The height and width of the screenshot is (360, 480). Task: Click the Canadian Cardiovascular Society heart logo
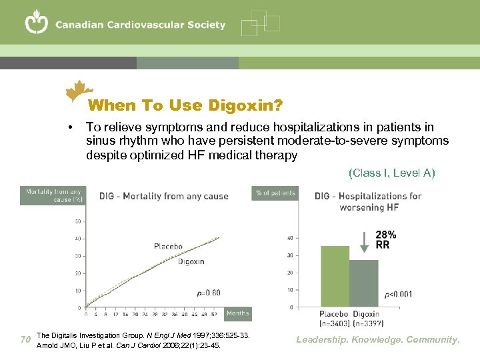(x=37, y=23)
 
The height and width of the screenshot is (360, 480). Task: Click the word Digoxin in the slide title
(x=245, y=105)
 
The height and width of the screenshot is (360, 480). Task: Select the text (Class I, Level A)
(x=391, y=173)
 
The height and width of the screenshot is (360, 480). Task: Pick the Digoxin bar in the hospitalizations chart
(x=364, y=283)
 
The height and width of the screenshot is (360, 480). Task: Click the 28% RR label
(x=386, y=239)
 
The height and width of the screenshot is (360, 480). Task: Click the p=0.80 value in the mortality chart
(x=208, y=293)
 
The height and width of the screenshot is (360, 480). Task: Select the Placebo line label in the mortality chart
(x=168, y=247)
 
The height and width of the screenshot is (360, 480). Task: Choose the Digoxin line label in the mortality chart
(x=191, y=261)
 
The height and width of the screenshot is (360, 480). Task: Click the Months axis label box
(x=237, y=313)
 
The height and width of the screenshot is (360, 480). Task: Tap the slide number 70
(x=25, y=340)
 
